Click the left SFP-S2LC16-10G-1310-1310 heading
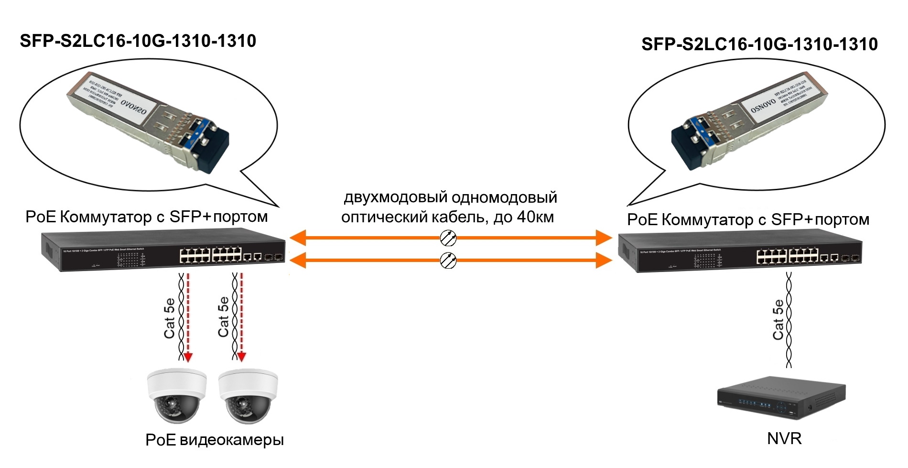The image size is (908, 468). pos(138,41)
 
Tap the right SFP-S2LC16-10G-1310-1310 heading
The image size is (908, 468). pos(759,44)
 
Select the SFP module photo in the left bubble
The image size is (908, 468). pos(148,122)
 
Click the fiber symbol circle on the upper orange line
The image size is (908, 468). pos(448,238)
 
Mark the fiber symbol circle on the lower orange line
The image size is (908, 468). pos(448,260)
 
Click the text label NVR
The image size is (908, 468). pos(784,438)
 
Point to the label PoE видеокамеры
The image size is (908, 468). pos(215,440)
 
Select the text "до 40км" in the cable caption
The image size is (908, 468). pos(524,218)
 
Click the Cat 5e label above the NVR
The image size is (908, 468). pos(778,320)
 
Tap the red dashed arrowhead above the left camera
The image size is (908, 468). pos(188,357)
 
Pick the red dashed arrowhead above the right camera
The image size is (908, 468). pos(242,357)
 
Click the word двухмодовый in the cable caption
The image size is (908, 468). pos(395,197)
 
